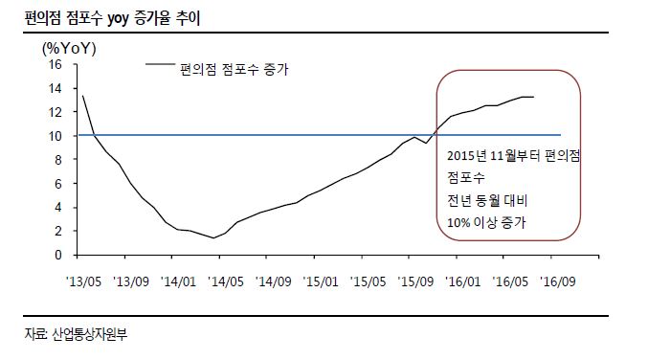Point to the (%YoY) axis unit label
point(69,48)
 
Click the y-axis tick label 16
point(55,64)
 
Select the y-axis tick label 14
point(55,88)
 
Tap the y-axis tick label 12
point(55,112)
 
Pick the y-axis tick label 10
point(55,136)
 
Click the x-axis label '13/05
point(83,283)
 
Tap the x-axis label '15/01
point(319,283)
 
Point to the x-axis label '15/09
point(413,283)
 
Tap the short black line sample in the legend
point(160,65)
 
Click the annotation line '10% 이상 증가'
point(487,223)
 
